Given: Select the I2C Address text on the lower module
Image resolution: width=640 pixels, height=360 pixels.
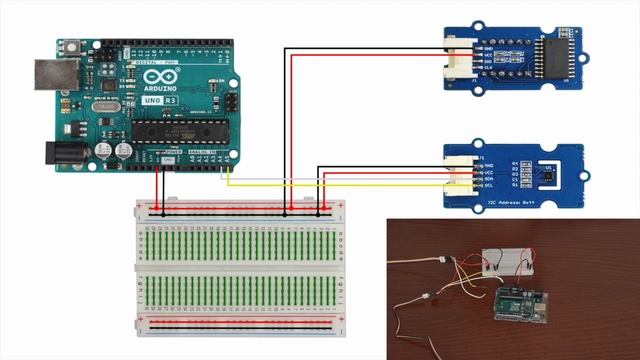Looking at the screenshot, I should click(x=511, y=203).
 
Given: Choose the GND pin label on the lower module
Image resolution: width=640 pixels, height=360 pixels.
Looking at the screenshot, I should click(x=489, y=167).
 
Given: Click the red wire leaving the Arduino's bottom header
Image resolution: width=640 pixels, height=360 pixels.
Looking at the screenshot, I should click(x=157, y=185).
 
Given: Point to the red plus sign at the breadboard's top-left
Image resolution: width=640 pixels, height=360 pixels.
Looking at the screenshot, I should click(x=142, y=205).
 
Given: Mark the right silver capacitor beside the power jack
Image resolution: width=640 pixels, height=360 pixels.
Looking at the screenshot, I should click(x=124, y=150).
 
